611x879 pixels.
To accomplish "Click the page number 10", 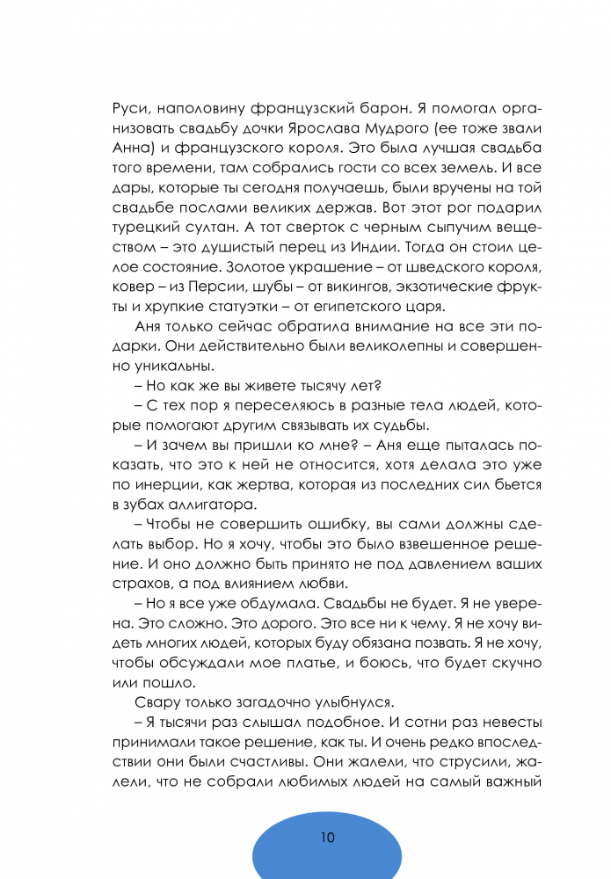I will click(x=327, y=838).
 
